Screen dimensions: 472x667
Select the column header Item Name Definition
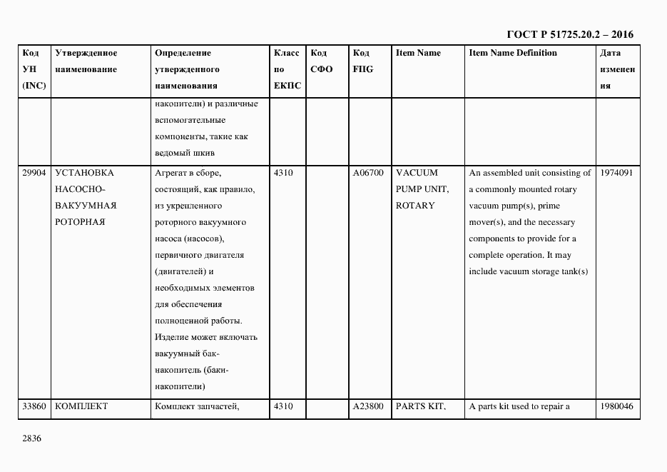pos(513,54)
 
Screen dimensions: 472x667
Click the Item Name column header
pos(418,54)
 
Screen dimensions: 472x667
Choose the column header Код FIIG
pos(362,61)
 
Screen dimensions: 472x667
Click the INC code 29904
pos(34,173)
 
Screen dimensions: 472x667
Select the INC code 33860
pos(34,407)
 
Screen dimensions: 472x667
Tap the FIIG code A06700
pos(368,173)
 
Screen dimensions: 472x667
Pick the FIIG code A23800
pos(368,407)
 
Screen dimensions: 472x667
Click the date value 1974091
pos(617,173)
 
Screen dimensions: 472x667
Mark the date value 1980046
pos(617,407)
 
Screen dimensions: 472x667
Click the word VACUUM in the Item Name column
pos(417,173)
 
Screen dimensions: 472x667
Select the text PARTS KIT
pos(420,407)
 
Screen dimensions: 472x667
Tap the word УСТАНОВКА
pos(84,173)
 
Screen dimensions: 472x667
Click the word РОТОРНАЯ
pos(80,222)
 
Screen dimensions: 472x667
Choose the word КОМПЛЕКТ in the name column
pos(81,407)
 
